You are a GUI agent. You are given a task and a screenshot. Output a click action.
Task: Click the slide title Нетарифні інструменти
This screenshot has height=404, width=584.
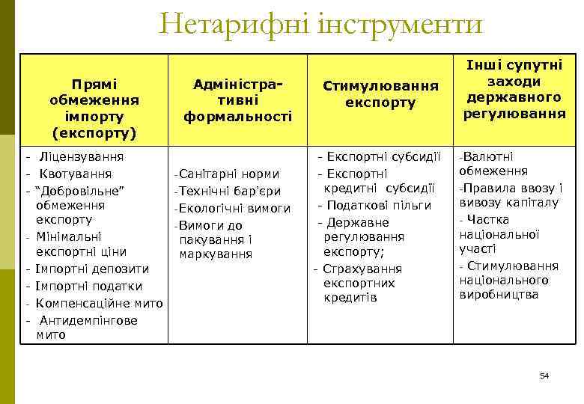[321, 25]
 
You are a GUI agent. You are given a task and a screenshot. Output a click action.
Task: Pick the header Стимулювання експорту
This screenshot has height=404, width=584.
[380, 95]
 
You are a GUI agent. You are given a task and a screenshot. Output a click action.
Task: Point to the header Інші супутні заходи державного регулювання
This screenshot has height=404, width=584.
[514, 89]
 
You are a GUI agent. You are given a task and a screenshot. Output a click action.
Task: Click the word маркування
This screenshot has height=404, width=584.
[216, 254]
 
